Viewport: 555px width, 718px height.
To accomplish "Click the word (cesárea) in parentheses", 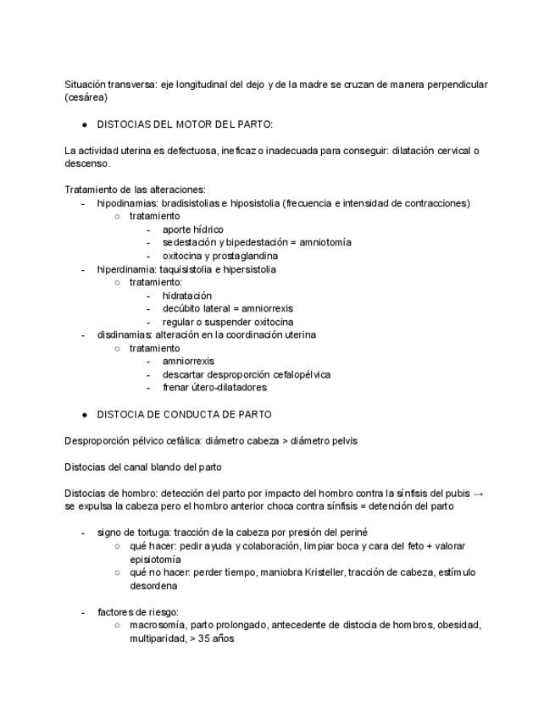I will [86, 97].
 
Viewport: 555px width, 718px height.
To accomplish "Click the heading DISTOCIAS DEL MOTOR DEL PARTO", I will [185, 124].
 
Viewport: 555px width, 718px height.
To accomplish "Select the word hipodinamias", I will [125, 203].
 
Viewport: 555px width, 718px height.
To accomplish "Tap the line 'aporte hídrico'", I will [192, 229].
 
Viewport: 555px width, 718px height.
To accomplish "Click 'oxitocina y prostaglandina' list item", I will [220, 256].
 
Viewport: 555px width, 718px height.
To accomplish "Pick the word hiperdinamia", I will [126, 269].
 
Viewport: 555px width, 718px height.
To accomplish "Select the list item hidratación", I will [187, 295].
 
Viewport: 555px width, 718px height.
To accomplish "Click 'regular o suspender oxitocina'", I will [228, 322].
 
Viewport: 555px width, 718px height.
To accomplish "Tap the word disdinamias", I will [124, 334].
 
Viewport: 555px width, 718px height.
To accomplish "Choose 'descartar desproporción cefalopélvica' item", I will [247, 374].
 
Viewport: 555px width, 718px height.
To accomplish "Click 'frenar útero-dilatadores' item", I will [214, 387].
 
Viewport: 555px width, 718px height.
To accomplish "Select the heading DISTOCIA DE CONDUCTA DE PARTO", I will [184, 415].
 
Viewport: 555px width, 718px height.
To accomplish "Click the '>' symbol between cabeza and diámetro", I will [284, 440].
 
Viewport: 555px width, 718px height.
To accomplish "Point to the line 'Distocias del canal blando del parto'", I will [143, 467].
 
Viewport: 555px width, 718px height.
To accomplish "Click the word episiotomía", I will [155, 559].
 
